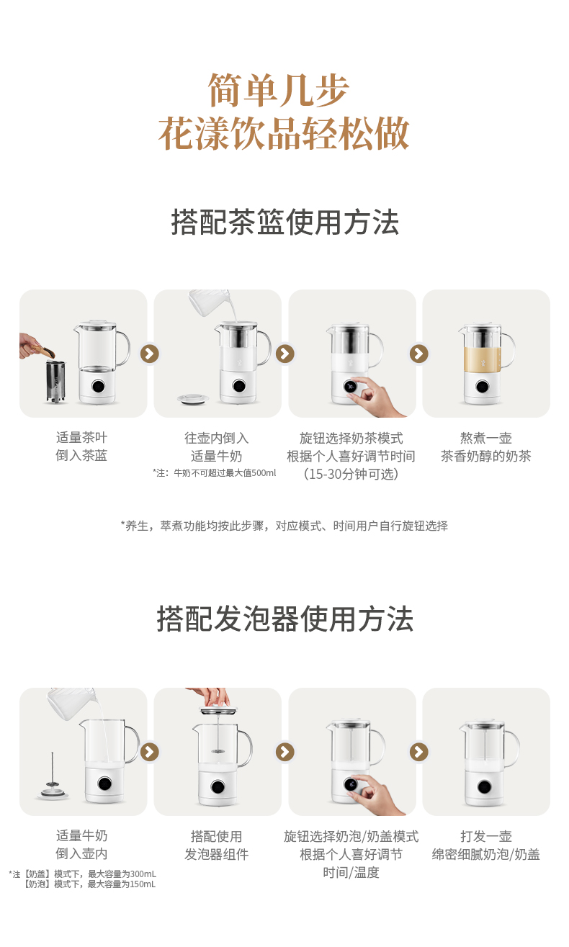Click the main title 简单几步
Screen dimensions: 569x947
(x=279, y=90)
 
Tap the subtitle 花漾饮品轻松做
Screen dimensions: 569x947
(x=284, y=133)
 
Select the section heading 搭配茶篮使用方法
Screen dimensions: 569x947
(x=285, y=222)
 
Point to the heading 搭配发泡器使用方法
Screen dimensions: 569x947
(x=285, y=619)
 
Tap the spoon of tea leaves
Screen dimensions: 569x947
(x=42, y=351)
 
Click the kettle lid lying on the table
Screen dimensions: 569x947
(x=193, y=398)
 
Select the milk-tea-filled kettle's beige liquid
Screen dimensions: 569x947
(x=483, y=359)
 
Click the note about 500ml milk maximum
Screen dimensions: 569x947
(x=215, y=473)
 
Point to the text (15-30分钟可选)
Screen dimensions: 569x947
(x=351, y=474)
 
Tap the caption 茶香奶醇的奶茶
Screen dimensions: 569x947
(x=485, y=456)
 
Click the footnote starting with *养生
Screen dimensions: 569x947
(x=284, y=526)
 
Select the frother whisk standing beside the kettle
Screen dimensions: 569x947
(x=53, y=778)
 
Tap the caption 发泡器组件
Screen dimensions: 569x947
(x=217, y=854)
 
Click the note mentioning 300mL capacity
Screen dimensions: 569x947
(x=82, y=874)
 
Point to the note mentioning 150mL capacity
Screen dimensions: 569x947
(x=90, y=884)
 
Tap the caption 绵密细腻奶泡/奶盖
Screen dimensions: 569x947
(x=485, y=854)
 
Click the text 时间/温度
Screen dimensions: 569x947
(x=351, y=872)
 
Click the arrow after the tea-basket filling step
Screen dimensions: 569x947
(x=150, y=354)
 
